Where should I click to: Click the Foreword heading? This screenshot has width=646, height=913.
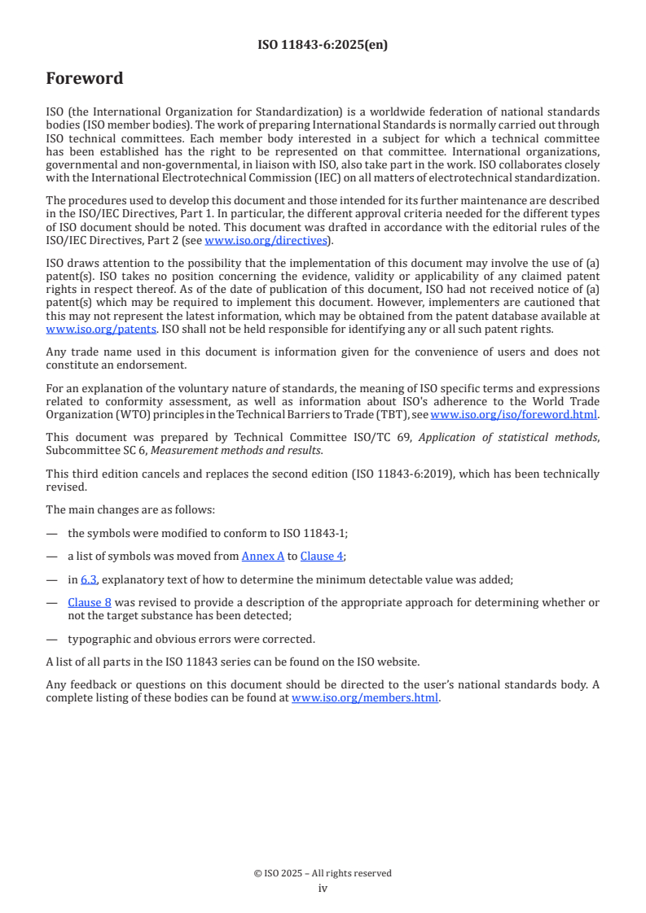click(85, 79)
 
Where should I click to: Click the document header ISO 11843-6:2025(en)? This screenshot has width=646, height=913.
click(323, 45)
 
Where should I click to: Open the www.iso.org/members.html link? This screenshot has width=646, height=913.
click(365, 697)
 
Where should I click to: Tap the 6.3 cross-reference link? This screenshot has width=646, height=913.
click(88, 579)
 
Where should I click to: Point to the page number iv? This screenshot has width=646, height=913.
click(323, 888)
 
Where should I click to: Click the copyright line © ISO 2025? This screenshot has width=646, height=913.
click(323, 873)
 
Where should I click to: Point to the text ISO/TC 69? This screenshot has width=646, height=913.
click(389, 437)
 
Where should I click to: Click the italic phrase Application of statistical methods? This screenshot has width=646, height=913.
click(508, 437)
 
